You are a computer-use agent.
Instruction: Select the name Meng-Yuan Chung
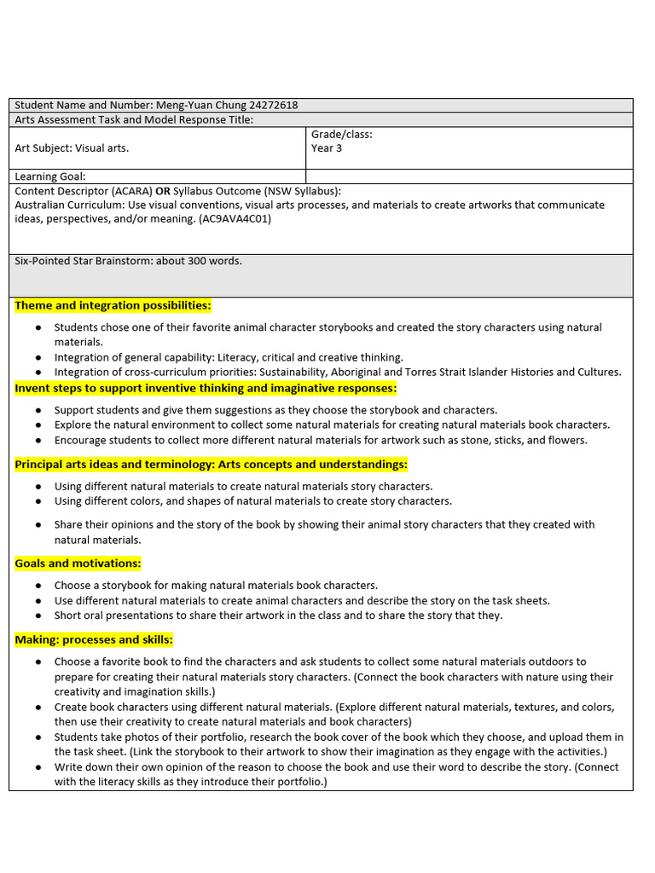202,105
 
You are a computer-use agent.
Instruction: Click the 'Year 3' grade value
327,148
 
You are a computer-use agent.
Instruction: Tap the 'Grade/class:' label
342,135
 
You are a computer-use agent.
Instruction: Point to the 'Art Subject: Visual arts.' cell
72,148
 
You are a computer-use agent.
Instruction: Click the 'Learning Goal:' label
50,176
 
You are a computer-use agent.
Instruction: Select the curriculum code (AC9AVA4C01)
235,219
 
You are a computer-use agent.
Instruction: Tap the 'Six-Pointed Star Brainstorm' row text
128,261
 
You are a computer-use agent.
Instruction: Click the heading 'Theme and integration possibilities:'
113,305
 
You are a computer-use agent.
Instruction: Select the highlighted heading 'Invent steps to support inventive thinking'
206,388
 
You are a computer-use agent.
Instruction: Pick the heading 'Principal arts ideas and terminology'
211,465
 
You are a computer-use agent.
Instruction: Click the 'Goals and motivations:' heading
78,564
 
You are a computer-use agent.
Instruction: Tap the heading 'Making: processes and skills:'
94,639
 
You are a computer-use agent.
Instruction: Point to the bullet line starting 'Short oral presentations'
278,616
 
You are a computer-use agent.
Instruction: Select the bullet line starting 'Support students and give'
275,410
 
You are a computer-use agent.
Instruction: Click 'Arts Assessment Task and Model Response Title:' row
134,119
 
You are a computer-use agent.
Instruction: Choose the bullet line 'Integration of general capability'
229,357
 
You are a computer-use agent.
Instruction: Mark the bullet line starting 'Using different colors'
253,501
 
